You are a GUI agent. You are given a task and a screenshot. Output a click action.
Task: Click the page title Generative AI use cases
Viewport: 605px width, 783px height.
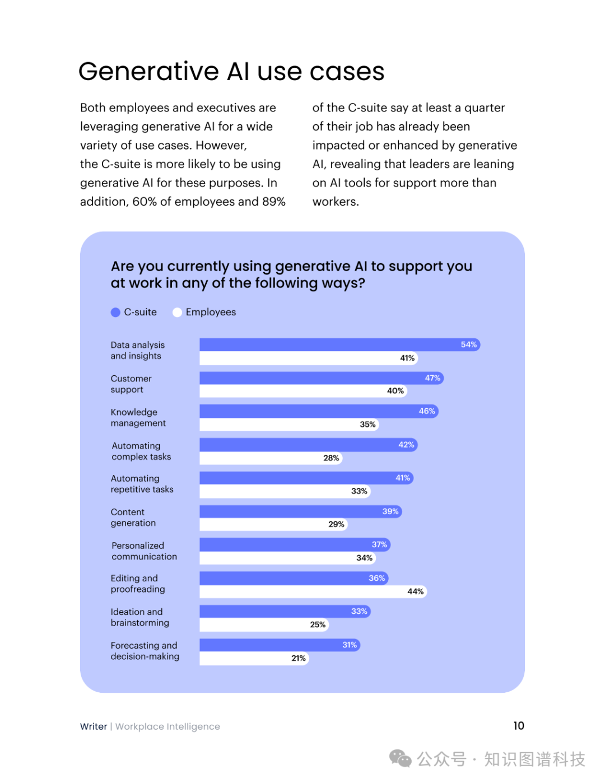[231, 71]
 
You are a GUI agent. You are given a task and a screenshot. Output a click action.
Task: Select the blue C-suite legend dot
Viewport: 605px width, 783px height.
[115, 313]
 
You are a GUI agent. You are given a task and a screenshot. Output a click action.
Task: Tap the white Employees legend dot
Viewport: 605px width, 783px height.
[177, 313]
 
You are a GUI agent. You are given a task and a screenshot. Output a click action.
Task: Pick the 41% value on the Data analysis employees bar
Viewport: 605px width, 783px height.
[407, 358]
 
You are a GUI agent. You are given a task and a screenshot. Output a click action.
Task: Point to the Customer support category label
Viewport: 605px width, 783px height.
[131, 384]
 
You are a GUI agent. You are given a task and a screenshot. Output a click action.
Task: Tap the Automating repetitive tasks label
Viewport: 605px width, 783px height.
[142, 484]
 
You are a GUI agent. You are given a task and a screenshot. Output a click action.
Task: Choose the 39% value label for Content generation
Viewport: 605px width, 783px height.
[390, 511]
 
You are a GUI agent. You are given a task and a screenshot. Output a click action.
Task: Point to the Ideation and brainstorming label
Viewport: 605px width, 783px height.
[139, 617]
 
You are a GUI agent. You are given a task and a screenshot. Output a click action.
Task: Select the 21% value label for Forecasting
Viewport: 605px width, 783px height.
[299, 658]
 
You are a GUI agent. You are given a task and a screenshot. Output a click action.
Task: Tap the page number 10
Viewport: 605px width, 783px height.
[519, 726]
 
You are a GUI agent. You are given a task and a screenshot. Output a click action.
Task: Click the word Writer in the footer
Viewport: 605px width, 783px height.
[94, 726]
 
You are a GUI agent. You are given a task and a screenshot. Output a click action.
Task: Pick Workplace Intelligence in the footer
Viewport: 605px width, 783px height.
[167, 726]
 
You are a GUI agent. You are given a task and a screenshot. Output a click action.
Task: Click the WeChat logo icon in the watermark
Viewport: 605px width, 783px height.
[400, 759]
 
